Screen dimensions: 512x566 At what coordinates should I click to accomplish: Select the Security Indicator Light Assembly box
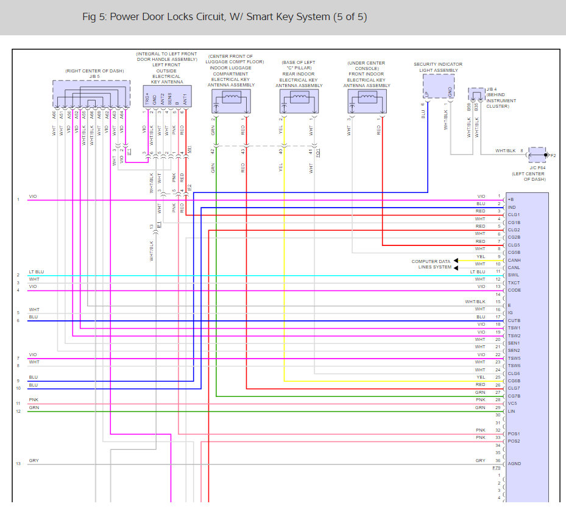[439, 86]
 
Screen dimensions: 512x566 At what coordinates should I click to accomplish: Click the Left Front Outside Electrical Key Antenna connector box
[166, 97]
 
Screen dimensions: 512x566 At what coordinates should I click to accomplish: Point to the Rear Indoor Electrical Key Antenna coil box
[299, 101]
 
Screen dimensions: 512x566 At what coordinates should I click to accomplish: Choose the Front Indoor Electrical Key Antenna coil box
[367, 101]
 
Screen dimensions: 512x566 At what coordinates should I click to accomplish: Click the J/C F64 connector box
[537, 155]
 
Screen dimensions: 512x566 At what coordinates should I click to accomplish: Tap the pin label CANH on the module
[514, 260]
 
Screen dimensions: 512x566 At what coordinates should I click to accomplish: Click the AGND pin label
[514, 464]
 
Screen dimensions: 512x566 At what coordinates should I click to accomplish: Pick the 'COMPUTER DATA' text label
[431, 261]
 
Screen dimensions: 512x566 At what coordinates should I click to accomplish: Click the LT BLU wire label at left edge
[36, 272]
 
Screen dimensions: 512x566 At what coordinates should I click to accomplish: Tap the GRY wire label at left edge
[34, 461]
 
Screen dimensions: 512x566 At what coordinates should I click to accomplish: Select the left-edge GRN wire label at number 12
[34, 407]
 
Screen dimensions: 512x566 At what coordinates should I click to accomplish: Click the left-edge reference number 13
[18, 464]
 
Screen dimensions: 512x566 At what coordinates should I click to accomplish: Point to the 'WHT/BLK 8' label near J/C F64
[509, 150]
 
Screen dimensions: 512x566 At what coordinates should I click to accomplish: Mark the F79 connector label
[497, 468]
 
